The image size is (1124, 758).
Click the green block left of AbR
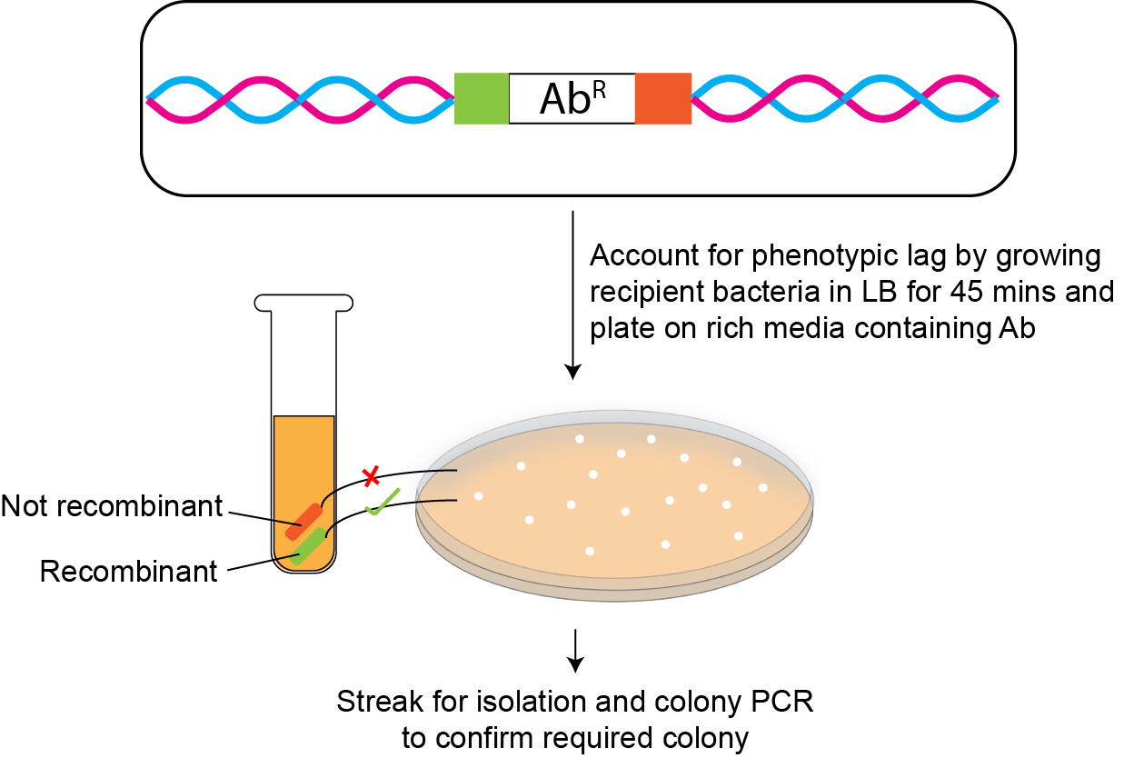click(481, 98)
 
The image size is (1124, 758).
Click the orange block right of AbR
click(662, 98)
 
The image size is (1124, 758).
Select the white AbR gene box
click(572, 98)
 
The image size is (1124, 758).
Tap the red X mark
click(371, 475)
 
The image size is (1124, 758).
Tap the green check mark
click(382, 502)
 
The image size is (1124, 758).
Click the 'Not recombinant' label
click(111, 506)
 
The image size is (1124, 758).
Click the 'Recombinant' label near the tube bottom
click(128, 571)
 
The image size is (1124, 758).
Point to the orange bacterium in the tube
click(303, 521)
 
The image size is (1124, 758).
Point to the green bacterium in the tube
click(309, 546)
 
